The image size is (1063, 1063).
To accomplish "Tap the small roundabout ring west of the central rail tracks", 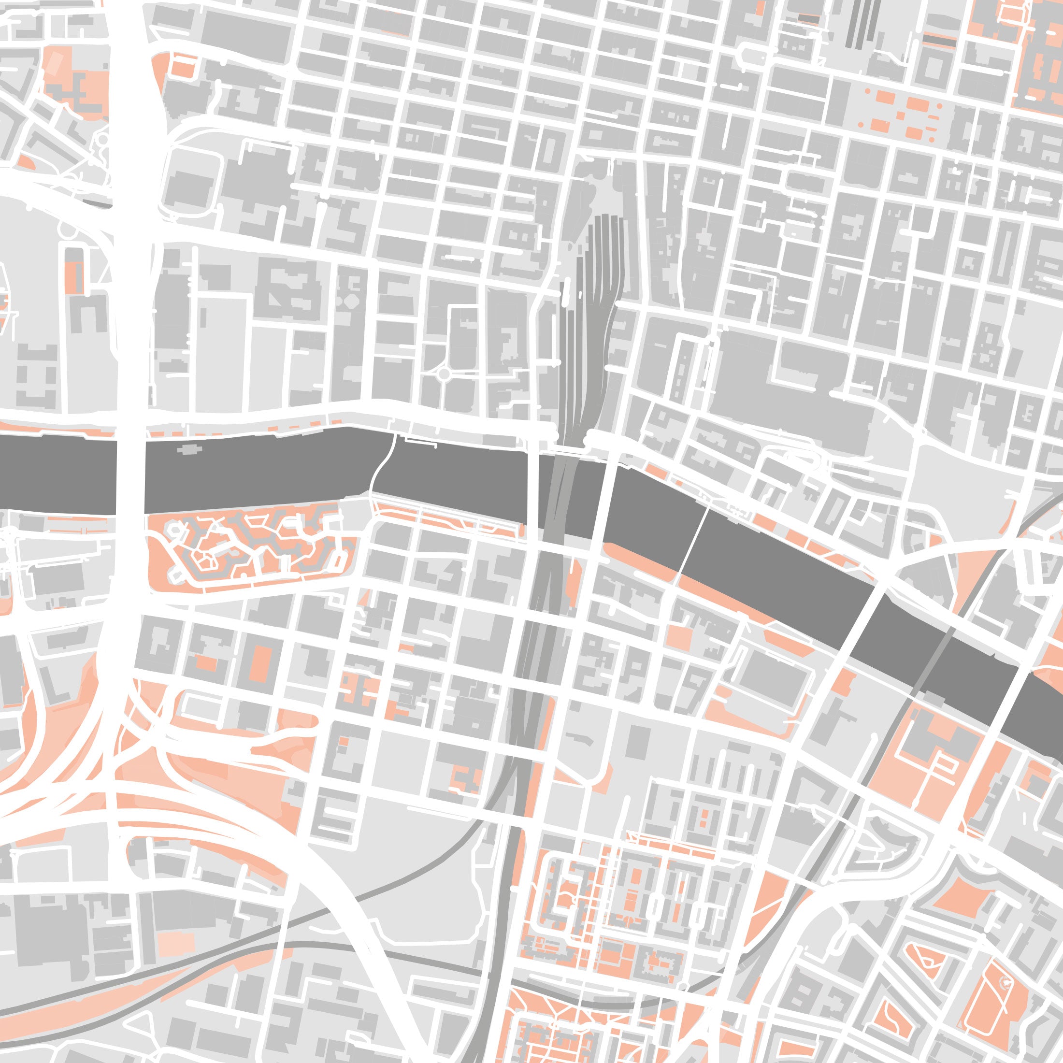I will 444,374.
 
